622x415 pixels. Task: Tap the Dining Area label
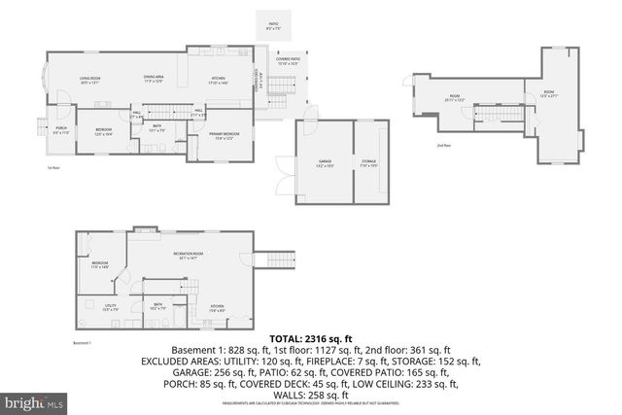tap(154, 78)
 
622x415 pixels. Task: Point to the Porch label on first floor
tap(60, 129)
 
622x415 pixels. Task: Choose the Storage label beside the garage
tap(368, 162)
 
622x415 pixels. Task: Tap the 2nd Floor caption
tap(444, 145)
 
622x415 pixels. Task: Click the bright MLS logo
tap(33, 400)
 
